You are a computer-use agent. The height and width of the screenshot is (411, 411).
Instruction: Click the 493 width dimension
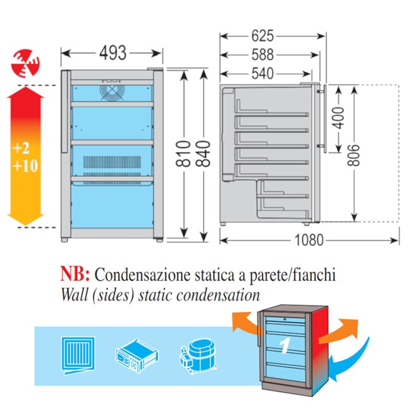point(113,53)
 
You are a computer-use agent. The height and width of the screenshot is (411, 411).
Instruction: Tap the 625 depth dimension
point(262,36)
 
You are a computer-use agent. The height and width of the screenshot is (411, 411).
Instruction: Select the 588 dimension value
point(262,55)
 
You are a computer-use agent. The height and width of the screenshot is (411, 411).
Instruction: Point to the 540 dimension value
point(262,73)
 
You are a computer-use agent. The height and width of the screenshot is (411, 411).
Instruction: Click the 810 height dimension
point(183,154)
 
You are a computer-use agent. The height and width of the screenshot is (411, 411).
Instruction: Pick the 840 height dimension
point(203,154)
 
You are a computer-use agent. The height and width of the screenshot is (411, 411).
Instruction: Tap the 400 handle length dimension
point(339,118)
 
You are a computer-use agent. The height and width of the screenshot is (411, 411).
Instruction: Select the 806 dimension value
point(353,155)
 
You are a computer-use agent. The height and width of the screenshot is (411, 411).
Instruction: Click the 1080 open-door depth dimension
point(309,240)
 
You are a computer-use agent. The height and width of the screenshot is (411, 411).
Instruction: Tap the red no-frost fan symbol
point(25,63)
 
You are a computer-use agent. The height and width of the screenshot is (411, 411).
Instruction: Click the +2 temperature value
point(21,149)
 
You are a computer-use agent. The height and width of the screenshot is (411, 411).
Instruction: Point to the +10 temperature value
point(25,166)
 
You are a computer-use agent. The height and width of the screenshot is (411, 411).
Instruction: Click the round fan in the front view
point(112,92)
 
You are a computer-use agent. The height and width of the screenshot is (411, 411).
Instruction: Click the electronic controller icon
point(137,355)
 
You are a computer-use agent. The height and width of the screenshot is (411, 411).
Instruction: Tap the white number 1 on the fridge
point(285,345)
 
